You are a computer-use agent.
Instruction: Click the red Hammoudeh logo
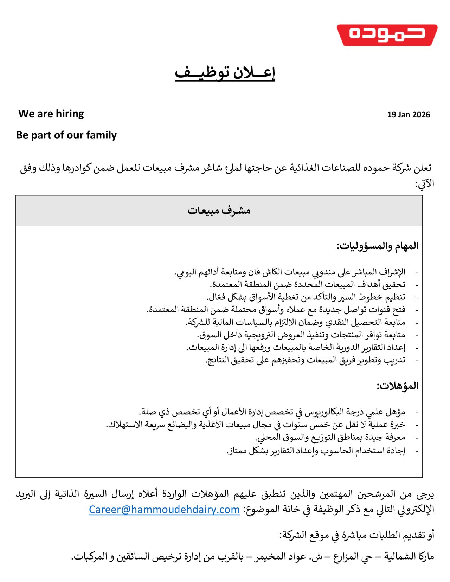click(x=387, y=35)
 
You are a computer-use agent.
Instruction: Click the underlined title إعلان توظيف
click(x=225, y=72)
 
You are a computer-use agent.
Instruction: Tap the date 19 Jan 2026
click(x=409, y=115)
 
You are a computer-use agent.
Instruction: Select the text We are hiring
click(x=51, y=114)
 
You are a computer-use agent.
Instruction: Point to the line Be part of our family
click(x=66, y=135)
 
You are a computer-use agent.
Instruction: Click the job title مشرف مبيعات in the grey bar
click(x=219, y=211)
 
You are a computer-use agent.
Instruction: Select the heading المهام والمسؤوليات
click(x=378, y=246)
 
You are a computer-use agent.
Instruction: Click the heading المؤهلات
click(x=398, y=386)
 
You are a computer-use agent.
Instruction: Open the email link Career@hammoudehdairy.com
click(x=164, y=509)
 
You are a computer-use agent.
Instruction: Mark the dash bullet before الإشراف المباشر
click(x=417, y=273)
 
